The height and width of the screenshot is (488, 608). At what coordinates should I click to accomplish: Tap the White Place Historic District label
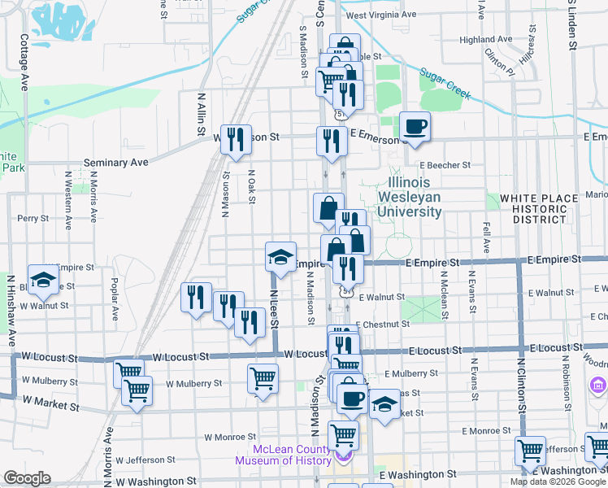[x=533, y=209]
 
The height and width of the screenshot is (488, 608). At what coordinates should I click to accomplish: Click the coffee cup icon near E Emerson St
[x=415, y=127]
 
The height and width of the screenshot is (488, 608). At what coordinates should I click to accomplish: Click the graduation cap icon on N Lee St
[x=280, y=259]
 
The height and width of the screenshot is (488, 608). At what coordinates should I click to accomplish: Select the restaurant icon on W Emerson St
[x=235, y=139]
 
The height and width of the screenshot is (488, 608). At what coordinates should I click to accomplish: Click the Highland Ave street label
[x=484, y=39]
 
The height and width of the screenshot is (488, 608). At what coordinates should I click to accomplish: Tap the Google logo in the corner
[x=27, y=478]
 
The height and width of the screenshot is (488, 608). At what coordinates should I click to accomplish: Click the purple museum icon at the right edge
[x=597, y=384]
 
